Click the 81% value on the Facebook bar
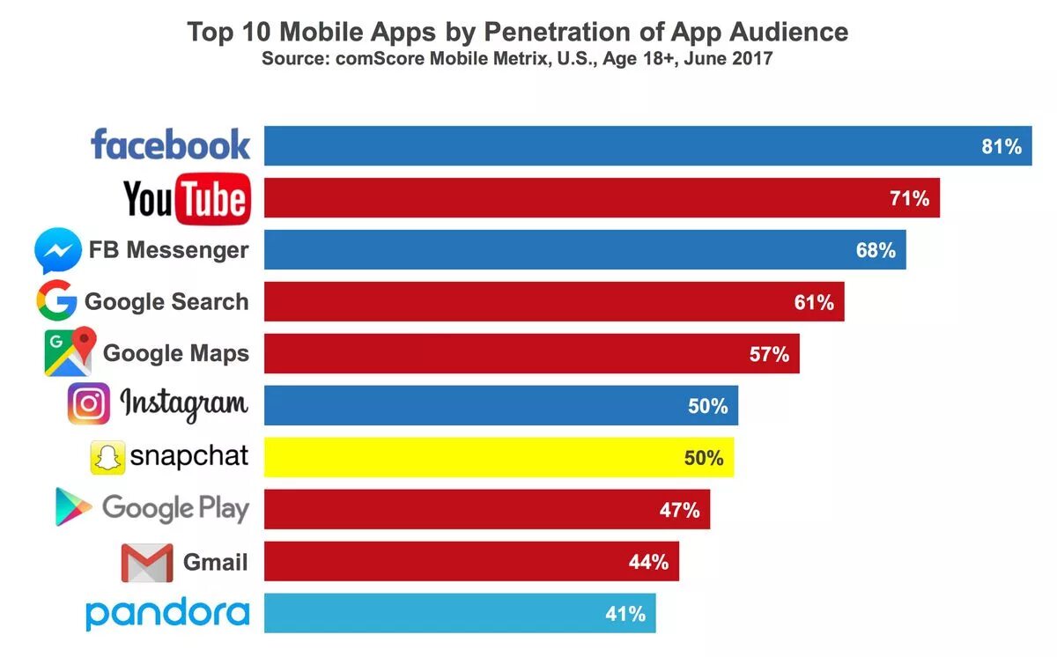click(x=1002, y=147)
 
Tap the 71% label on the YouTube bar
click(x=910, y=198)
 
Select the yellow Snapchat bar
click(x=499, y=457)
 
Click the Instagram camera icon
click(x=89, y=404)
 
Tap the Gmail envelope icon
click(x=147, y=562)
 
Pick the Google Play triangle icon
click(x=74, y=508)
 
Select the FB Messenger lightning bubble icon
click(x=58, y=251)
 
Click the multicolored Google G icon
click(x=56, y=302)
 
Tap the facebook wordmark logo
click(x=170, y=145)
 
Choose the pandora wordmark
click(x=167, y=614)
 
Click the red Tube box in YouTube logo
click(x=213, y=199)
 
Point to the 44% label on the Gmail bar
click(x=649, y=562)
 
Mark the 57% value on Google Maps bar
click(x=769, y=355)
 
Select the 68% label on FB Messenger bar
click(x=876, y=250)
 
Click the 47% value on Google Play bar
click(x=679, y=510)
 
